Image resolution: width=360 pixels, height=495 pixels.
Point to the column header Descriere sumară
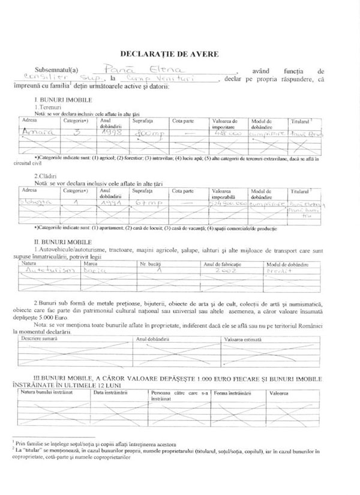click(x=38, y=339)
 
